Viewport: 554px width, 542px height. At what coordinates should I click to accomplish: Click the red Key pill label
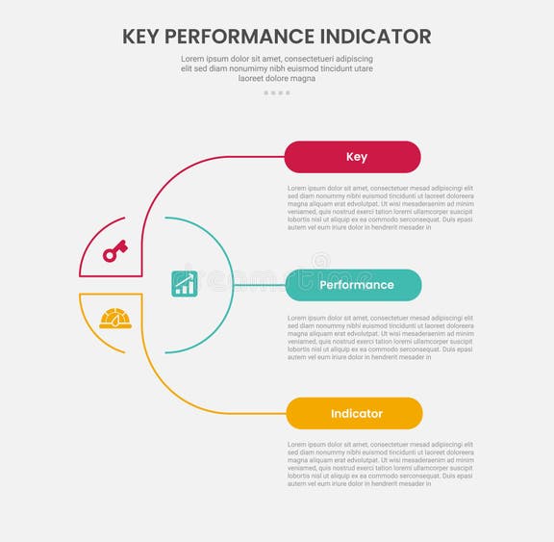pos(353,157)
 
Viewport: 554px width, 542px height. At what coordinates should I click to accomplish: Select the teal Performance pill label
pos(354,285)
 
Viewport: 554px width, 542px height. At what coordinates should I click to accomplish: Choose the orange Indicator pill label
pos(355,413)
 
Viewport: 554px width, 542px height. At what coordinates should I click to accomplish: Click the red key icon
pos(115,250)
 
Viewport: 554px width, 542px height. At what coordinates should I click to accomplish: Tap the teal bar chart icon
pos(185,283)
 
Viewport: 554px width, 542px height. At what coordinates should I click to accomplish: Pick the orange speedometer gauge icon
pos(115,319)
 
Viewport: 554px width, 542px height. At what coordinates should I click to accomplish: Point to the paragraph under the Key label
pos(380,207)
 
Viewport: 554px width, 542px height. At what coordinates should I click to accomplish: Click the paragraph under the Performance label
pos(380,336)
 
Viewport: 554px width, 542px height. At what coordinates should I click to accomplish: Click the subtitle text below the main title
pos(277,68)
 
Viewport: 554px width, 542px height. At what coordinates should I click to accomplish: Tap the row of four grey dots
pos(277,93)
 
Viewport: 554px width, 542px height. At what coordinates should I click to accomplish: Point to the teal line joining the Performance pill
pos(260,285)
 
